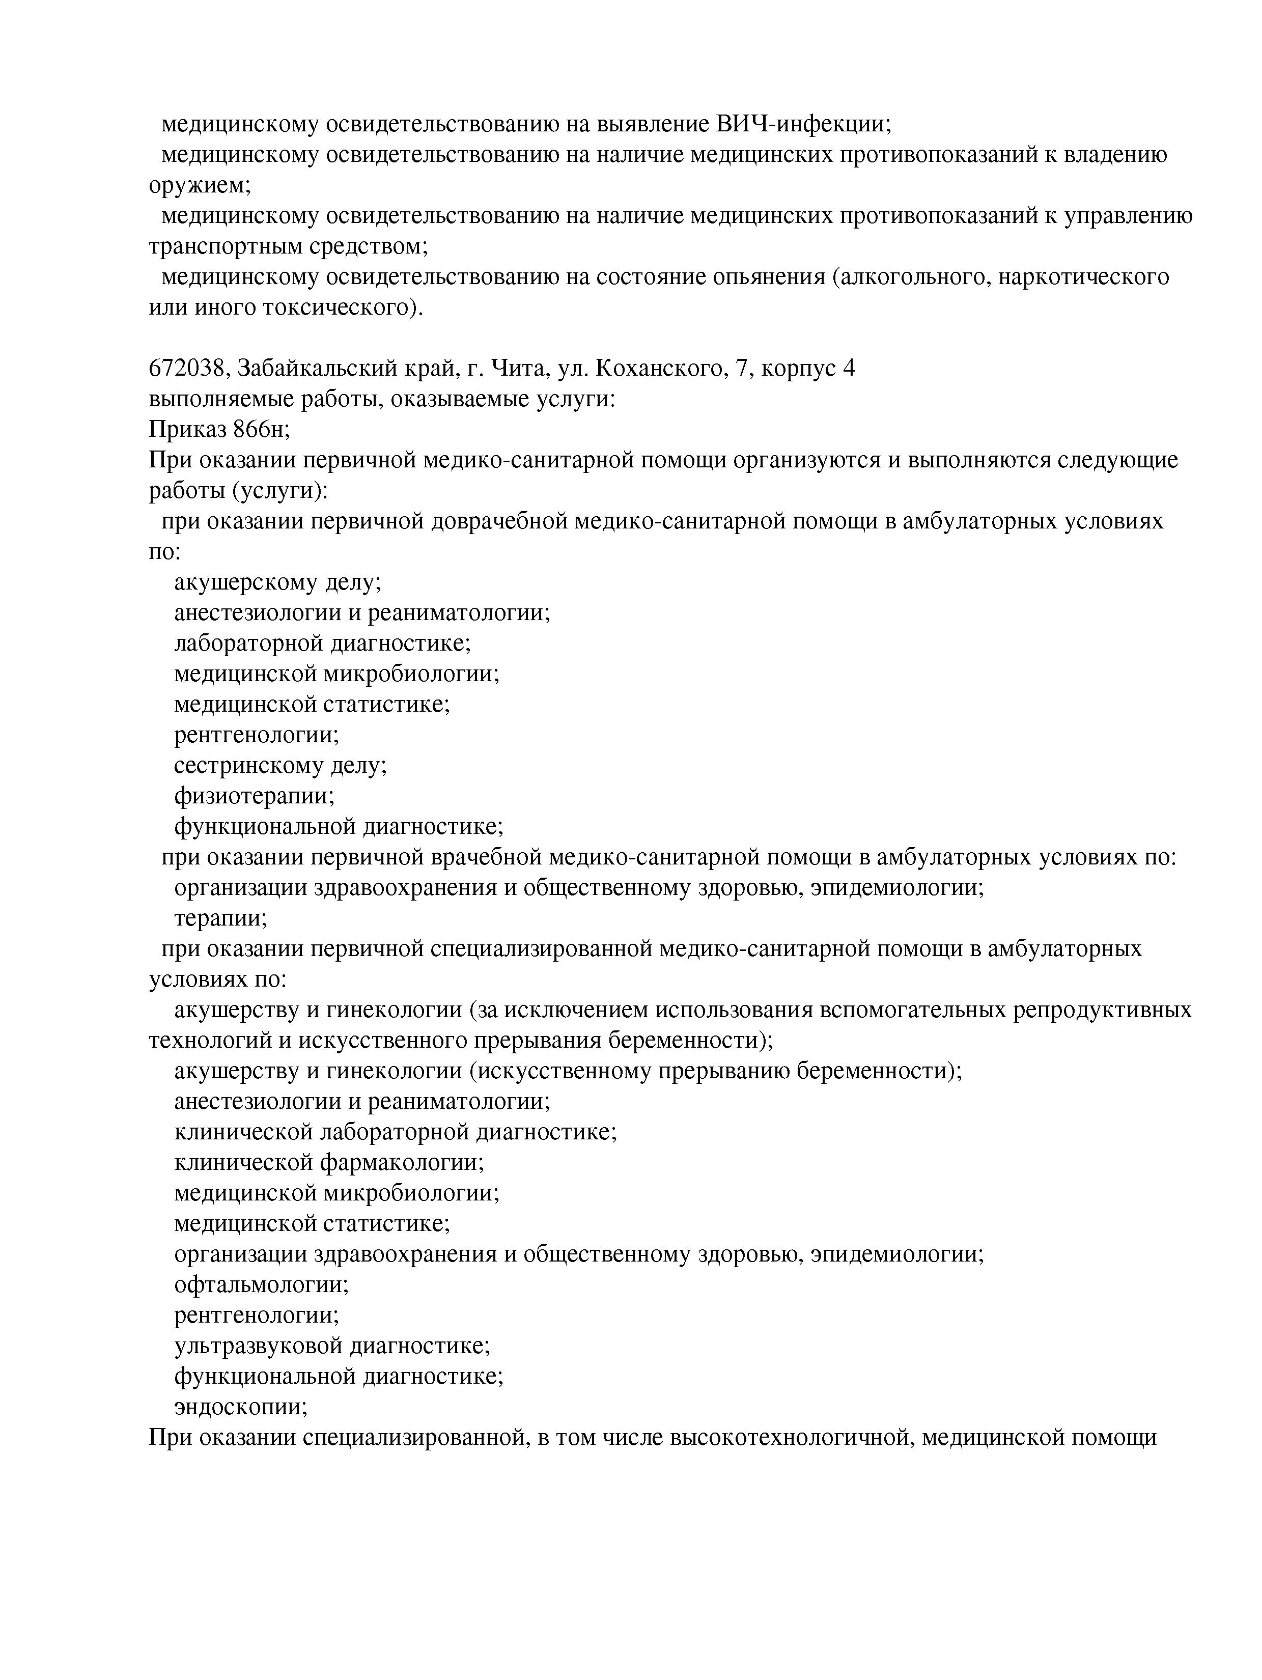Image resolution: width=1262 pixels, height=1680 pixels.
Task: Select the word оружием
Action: click(x=199, y=185)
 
